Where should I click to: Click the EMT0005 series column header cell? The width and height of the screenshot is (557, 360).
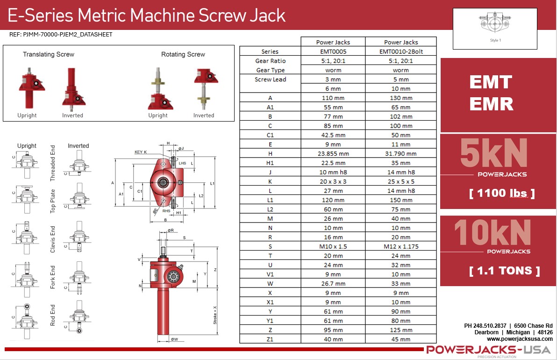coord(333,51)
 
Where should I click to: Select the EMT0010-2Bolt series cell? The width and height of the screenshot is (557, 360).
coord(400,51)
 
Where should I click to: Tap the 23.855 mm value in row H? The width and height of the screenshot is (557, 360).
coord(333,153)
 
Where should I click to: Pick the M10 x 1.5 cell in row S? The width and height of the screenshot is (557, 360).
coord(333,246)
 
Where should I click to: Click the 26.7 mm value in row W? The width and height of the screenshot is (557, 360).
coord(333,283)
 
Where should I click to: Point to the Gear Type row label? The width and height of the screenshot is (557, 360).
coord(270,70)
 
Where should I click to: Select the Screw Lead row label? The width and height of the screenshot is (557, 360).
coord(270,79)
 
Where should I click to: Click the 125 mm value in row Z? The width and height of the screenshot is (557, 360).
coord(400,330)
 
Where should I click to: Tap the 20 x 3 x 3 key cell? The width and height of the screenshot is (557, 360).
coord(333,181)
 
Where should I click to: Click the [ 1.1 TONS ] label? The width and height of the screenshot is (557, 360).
coord(504,271)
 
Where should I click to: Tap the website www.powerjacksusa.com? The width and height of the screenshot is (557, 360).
coord(520,339)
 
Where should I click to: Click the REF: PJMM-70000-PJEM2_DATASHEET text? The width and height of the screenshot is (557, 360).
coord(61,35)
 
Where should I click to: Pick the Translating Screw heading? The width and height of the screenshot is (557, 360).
coord(49,54)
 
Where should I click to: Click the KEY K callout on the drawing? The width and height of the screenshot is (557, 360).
coord(141,152)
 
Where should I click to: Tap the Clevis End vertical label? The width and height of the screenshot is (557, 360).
coord(53,239)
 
